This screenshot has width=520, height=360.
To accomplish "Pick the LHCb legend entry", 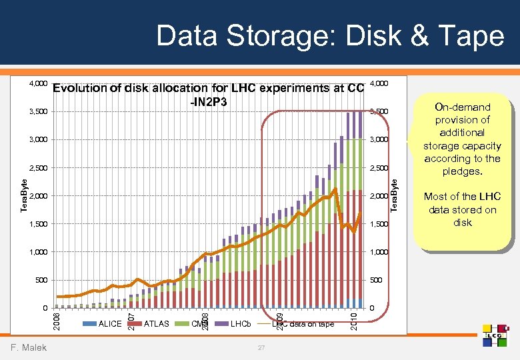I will coord(241,324).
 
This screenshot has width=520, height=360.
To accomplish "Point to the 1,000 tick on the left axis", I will coord(37,252).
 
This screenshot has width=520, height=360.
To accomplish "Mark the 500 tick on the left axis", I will coord(41,281).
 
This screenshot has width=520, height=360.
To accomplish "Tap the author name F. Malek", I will coord(29,347).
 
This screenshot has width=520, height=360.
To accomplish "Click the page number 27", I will coord(261,347).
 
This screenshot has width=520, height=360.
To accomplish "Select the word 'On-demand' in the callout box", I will coord(462,107).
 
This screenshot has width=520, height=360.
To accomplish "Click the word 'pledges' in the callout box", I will coord(462,171).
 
